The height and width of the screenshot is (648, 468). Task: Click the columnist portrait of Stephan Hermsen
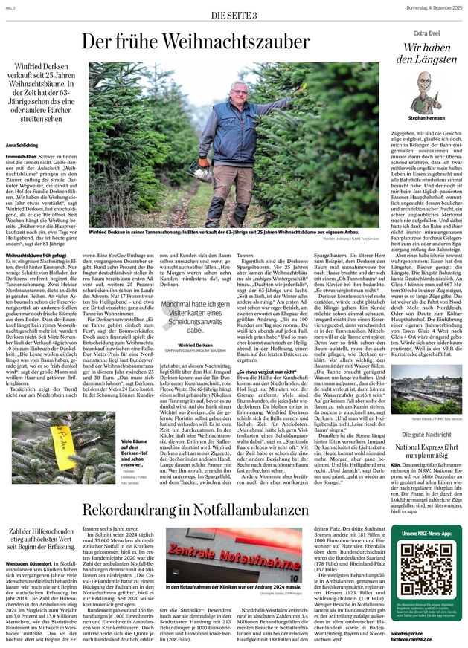[x=426, y=90]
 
